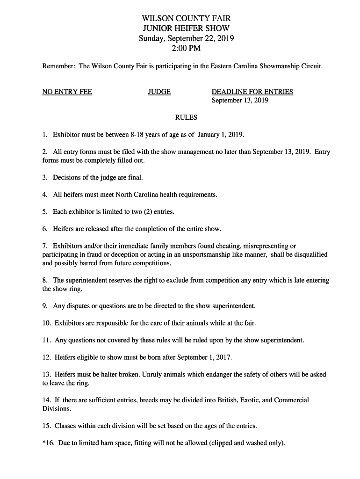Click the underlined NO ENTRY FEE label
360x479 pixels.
click(x=67, y=92)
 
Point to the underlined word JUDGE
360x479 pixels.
click(x=159, y=92)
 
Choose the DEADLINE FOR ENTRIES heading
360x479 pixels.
click(x=252, y=92)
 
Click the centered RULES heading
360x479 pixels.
click(x=186, y=117)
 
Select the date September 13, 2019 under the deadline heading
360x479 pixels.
click(x=240, y=101)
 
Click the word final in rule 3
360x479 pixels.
click(x=134, y=178)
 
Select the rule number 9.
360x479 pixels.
click(x=44, y=306)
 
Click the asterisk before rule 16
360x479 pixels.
click(x=44, y=443)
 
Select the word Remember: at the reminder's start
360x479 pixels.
click(x=58, y=66)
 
